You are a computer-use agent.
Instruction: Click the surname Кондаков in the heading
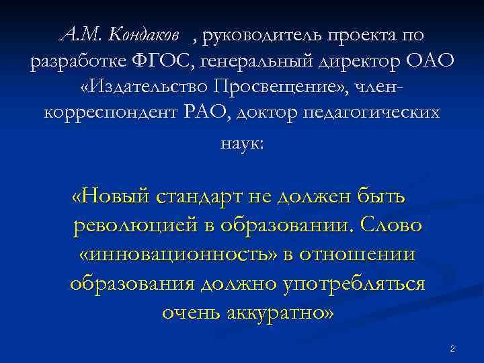coord(144,33)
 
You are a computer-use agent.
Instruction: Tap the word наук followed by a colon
coord(240,143)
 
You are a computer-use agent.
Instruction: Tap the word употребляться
coord(350,284)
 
